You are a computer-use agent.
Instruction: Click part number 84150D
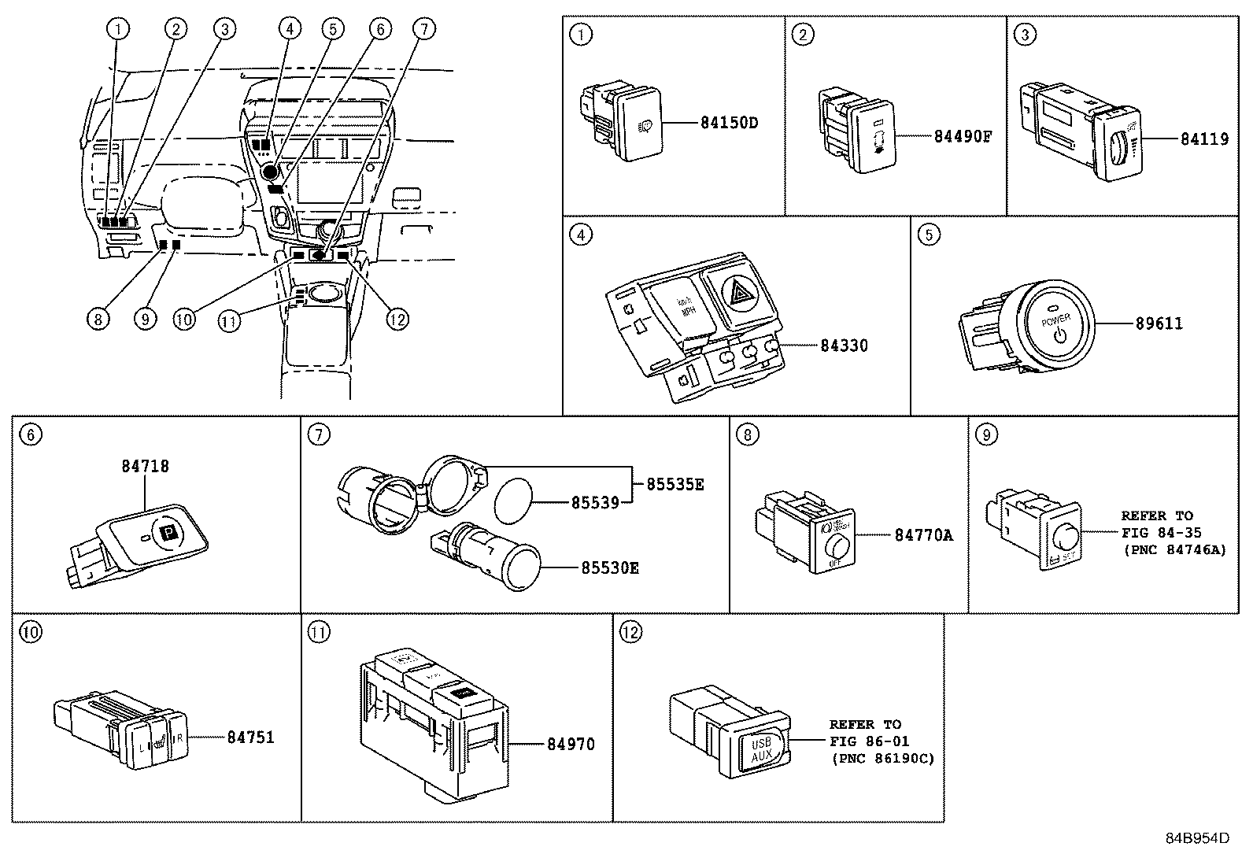(729, 123)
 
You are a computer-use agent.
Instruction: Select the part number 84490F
(962, 136)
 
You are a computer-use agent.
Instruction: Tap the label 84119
(1203, 139)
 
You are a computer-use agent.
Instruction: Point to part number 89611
(1159, 323)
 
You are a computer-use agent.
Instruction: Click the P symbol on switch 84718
(168, 534)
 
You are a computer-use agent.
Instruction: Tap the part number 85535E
(675, 484)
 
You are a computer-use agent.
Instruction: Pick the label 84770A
(923, 535)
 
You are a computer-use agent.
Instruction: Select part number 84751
(251, 737)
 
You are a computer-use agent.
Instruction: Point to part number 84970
(571, 744)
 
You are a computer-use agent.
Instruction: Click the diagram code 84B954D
(1197, 838)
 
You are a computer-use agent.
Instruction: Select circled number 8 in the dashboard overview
(98, 319)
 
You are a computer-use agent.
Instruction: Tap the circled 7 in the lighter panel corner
(317, 434)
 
